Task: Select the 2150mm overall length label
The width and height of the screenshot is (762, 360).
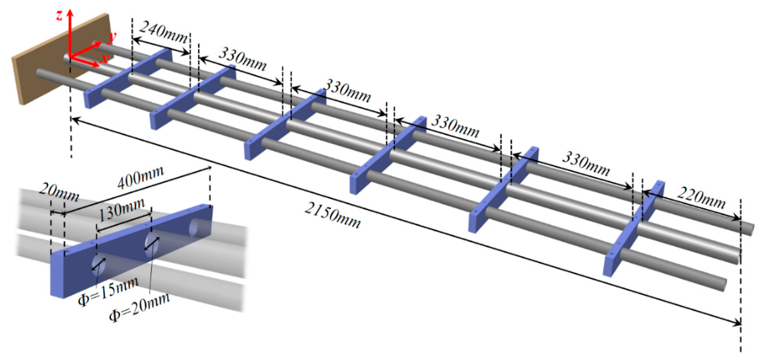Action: (333, 215)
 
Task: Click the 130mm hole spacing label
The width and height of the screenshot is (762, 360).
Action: (121, 210)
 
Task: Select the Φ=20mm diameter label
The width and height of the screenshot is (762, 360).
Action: (139, 308)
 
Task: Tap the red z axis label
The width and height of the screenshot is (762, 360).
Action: (59, 15)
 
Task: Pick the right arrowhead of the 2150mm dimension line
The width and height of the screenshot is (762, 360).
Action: (738, 324)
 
